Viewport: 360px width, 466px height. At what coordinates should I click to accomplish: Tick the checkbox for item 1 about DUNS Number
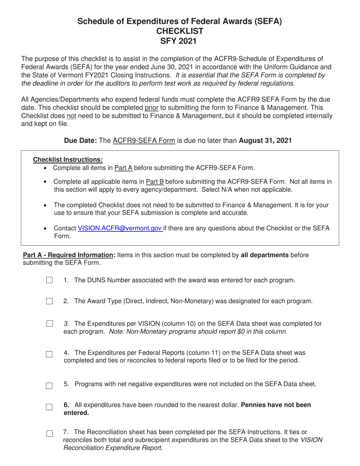49,280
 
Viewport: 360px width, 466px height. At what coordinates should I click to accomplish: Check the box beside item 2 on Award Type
49,302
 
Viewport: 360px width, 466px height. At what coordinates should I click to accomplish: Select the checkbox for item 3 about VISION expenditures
49,324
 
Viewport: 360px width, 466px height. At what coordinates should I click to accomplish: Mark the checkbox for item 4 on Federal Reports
49,354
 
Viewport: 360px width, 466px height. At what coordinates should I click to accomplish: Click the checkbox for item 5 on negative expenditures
49,386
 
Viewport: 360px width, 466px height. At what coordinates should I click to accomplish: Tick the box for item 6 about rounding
49,407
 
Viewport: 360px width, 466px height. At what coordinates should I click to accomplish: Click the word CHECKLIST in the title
180,31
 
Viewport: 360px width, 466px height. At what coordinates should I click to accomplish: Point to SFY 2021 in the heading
180,41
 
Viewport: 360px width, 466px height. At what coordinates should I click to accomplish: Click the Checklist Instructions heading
68,160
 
